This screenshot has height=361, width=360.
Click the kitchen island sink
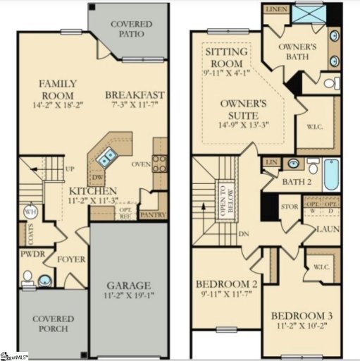point(109,154)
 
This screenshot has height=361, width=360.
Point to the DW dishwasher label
point(99,178)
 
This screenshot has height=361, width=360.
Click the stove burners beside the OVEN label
point(160,164)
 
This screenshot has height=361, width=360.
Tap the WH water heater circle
point(30,211)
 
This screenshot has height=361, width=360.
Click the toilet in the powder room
point(27,276)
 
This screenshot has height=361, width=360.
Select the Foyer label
point(70,259)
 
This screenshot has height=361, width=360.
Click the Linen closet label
point(274,9)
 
